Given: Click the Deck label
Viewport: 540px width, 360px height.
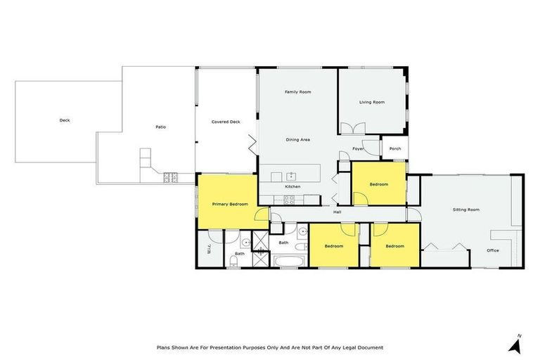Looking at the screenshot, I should coord(65,120).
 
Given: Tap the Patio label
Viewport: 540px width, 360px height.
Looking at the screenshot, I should coord(160,127).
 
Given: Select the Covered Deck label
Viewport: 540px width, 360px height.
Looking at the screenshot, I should coord(226,122).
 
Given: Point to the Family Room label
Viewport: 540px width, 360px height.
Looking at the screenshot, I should coord(297,92).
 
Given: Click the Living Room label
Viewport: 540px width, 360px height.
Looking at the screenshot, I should coord(372,102).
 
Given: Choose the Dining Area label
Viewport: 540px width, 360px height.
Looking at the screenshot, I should coord(298,139).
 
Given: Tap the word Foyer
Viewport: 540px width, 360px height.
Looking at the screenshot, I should coord(358,149).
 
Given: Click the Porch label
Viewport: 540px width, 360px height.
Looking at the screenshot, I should coord(395,148).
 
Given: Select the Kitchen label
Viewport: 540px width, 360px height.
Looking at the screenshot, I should coord(292,186).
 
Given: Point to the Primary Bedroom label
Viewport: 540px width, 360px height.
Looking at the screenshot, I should coord(230,204).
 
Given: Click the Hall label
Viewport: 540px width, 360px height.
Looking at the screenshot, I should coord(337,212).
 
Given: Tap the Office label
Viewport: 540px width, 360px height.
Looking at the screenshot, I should coord(493,250).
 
